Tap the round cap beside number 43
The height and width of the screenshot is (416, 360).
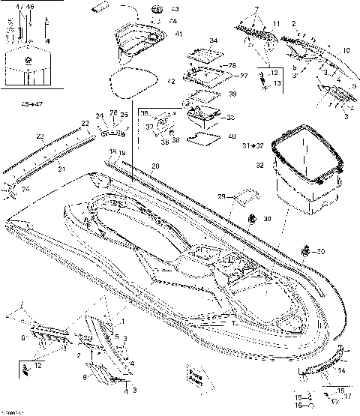pos(157,9)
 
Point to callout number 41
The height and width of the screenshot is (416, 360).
pos(178,34)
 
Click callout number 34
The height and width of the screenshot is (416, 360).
pos(214,40)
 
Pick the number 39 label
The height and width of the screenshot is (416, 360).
pos(232,94)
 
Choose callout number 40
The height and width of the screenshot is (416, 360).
pos(231,136)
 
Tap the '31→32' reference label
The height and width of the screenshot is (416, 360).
pos(253,145)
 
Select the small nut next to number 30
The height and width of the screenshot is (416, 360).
pos(253,218)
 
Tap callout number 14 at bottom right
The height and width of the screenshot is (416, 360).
pos(342,370)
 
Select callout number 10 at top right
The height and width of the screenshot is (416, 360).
pos(346,50)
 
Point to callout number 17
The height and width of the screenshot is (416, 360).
pos(346,397)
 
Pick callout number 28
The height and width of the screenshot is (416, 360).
pos(232,65)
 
